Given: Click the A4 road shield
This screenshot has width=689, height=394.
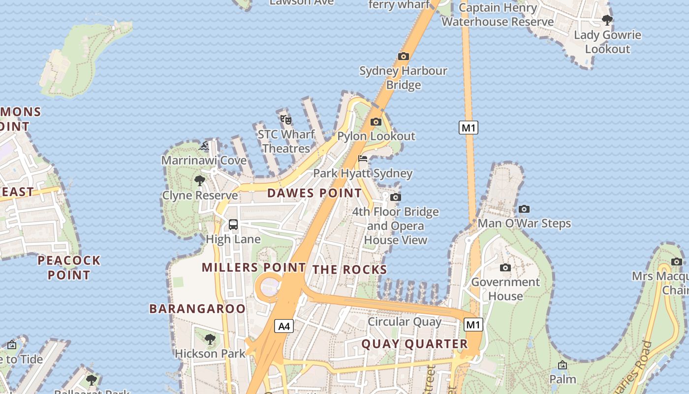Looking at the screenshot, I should pos(284,326).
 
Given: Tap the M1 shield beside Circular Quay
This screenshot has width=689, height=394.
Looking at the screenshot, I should pos(473,325).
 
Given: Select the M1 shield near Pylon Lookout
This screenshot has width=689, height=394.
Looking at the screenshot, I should pos(469,128).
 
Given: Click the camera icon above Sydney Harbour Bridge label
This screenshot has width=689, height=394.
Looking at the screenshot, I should pos(404,56).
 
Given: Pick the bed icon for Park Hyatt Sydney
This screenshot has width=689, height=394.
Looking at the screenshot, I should pos(363,159).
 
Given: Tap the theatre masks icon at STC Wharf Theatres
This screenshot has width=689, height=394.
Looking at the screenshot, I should pos(286,119).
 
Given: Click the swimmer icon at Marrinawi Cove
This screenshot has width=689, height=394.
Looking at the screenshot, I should pos(204,146).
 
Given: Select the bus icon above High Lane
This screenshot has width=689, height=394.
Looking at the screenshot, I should pos(233,225).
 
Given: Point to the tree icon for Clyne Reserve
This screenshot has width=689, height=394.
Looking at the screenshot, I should pos(199,181).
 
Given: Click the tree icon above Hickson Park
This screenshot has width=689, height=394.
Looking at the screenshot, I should pos(210,339).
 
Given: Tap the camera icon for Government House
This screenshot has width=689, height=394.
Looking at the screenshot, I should pos(505,267).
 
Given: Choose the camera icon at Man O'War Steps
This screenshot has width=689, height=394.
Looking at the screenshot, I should pos(524,209).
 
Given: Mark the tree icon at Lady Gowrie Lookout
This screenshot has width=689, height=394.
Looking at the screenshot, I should pos(607,20).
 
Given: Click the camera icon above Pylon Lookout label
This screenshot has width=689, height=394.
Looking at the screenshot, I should pos(376,122).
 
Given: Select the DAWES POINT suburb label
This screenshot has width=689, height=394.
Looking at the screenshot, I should pos(314,193).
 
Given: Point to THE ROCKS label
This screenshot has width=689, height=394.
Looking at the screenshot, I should pos(350,269).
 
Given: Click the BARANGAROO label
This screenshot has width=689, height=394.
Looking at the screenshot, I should pos(197,309).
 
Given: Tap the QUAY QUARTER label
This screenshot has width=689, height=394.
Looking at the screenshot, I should pos(415,344).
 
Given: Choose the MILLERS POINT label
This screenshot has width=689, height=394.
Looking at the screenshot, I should pos(254,267).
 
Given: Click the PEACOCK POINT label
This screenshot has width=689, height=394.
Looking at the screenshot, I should pos(69,267).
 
